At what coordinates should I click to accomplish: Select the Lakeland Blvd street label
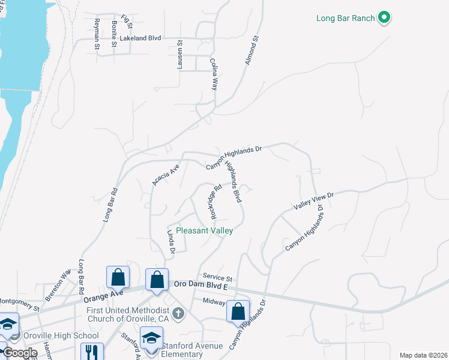[140, 38]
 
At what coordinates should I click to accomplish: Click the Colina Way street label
[213, 74]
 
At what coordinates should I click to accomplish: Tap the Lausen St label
[179, 55]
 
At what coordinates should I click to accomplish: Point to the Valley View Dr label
[313, 201]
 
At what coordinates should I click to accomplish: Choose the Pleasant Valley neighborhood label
[204, 230]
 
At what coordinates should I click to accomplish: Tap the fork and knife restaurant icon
[92, 351]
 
